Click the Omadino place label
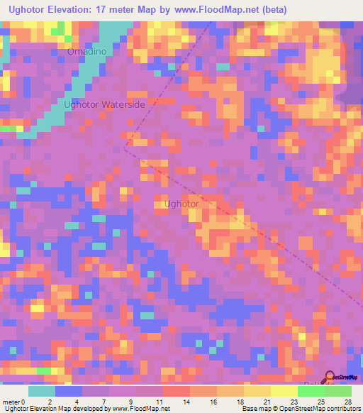pyautogui.click(x=87, y=52)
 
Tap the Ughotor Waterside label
pyautogui.click(x=105, y=104)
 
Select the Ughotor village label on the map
pyautogui.click(x=181, y=204)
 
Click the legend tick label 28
pyautogui.click(x=347, y=401)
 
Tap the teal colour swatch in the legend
pyautogui.click(x=42, y=391)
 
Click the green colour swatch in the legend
pyautogui.click(x=337, y=391)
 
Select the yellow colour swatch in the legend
pyautogui.click(x=284, y=391)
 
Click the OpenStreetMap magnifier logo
pyautogui.click(x=330, y=376)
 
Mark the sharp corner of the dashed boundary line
pyautogui.click(x=124, y=150)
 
